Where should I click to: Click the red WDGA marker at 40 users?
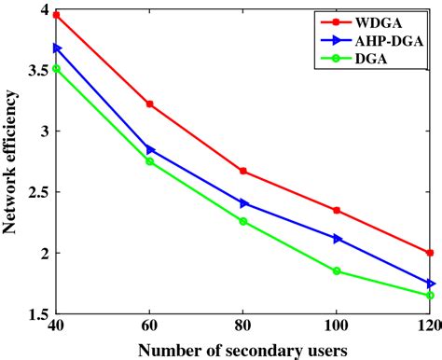pos(57,16)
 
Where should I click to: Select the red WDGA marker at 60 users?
pos(150,104)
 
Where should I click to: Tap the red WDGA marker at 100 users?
pos(337,210)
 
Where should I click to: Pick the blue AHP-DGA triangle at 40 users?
pos(57,48)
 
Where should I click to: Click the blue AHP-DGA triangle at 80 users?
pos(243,202)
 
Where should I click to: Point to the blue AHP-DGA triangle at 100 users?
pos(337,238)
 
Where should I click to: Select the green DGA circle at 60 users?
pos(150,161)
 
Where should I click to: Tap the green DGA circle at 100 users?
pos(337,270)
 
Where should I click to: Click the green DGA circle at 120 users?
pos(430,295)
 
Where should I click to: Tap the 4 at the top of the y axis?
pos(42,9)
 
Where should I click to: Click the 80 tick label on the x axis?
pos(243,326)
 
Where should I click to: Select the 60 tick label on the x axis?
pos(150,326)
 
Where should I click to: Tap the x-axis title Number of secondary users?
pos(243,349)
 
